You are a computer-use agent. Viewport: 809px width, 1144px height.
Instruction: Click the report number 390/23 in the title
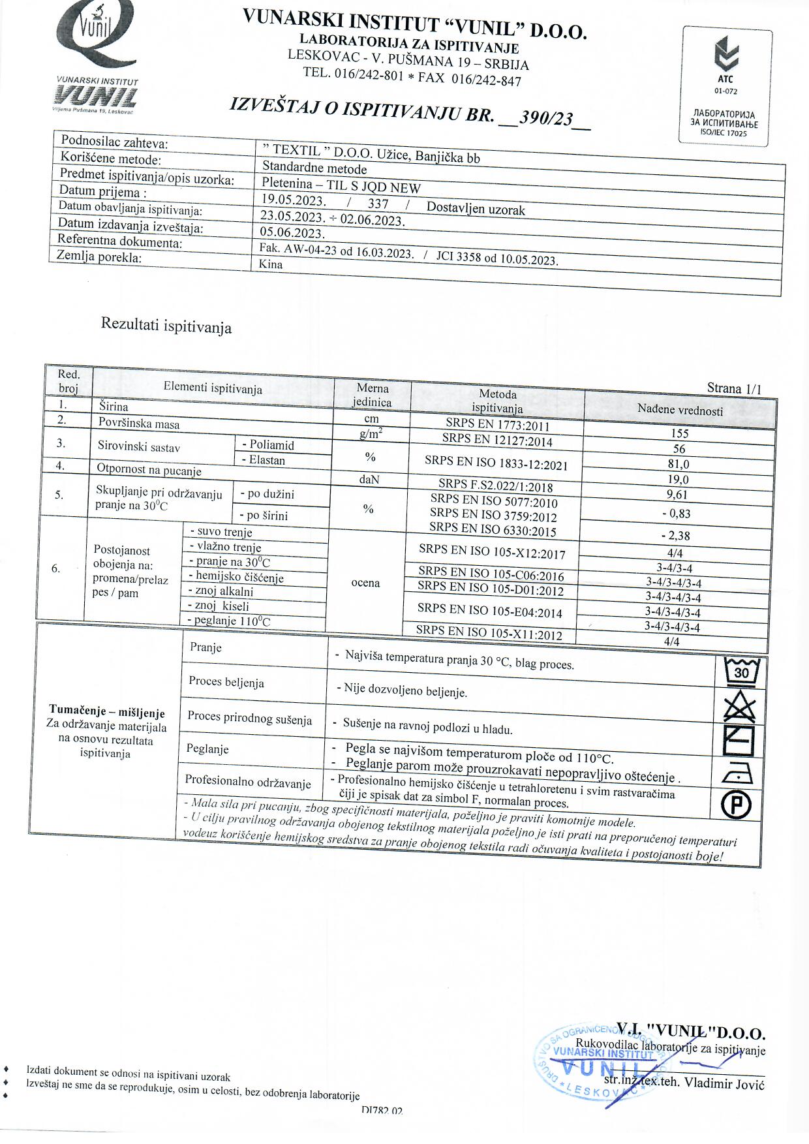(545, 118)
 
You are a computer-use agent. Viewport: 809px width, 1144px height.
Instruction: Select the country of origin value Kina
(271, 264)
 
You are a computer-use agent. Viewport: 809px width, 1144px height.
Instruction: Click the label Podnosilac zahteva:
(114, 142)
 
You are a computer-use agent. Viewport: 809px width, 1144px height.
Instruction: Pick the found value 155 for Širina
(679, 433)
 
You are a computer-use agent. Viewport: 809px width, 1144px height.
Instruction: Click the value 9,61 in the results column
(677, 495)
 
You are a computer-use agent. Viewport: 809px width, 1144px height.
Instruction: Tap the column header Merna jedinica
(372, 395)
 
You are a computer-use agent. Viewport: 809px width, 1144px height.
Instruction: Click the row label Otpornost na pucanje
(149, 470)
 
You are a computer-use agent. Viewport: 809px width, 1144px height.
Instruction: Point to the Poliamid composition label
(268, 445)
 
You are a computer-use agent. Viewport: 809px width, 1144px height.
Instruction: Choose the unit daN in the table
(369, 480)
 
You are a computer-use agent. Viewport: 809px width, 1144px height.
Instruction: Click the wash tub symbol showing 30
(742, 672)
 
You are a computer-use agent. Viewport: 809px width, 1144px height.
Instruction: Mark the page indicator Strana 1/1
(734, 388)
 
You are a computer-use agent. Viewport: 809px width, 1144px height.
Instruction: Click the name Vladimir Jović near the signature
(724, 1084)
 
